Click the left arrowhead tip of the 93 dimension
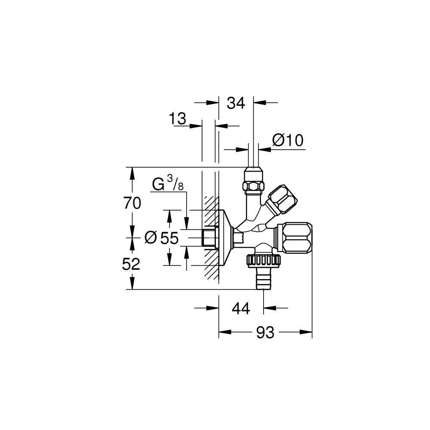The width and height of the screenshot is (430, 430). coord(219,332)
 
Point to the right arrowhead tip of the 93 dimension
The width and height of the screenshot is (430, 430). coord(312,332)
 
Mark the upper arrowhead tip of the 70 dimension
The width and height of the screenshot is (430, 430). coord(132,167)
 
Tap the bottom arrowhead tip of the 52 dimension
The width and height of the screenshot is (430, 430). coord(132,289)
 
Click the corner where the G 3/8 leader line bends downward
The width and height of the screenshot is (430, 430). coord(187,192)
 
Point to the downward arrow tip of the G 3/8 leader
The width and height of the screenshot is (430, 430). coord(187,230)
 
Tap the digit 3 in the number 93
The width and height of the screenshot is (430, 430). coord(270,333)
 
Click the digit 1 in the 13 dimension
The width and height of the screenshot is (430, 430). coord(172,119)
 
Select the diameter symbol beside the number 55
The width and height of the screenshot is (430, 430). coord(150,237)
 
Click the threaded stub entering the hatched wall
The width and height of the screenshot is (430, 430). coord(209,237)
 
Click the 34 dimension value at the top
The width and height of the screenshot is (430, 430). coord(236,103)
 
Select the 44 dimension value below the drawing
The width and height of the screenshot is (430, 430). coord(241,308)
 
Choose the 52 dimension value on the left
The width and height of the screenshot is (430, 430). coord(131,264)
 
